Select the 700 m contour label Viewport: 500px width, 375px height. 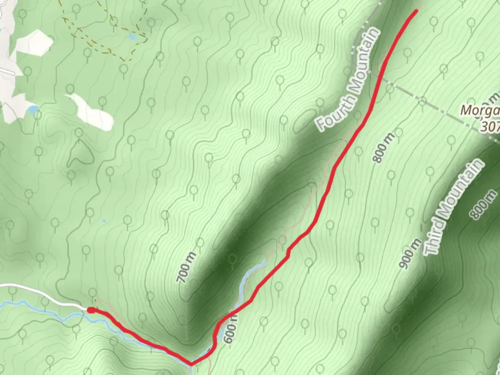tap(186, 268)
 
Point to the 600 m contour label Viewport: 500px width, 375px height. tap(231, 328)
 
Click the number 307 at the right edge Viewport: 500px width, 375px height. tap(490, 127)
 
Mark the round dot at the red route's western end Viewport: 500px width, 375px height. tap(90, 310)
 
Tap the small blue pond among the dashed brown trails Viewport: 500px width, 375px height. tap(132, 36)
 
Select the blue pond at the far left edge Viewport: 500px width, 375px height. tap(33, 110)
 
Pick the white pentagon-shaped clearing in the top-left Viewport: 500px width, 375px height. tap(34, 43)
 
